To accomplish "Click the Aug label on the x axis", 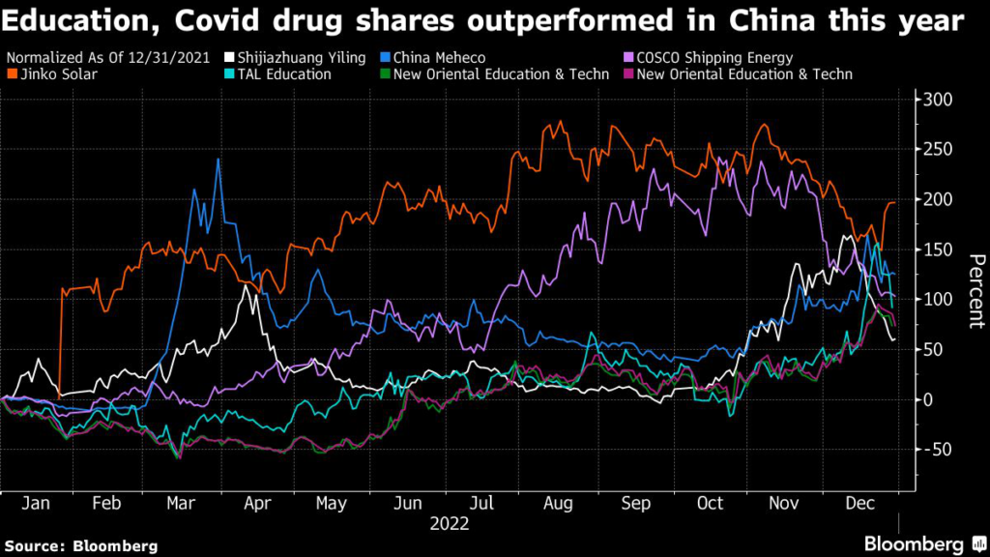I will [x=559, y=504].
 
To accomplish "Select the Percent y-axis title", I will [x=975, y=290].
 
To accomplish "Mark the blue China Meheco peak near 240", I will [x=218, y=160].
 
